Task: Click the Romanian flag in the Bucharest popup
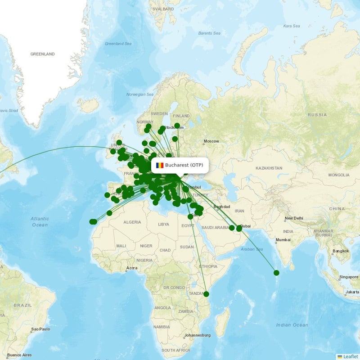[x=160, y=165]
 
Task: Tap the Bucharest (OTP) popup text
[x=184, y=165]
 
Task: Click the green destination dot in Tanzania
[x=207, y=294]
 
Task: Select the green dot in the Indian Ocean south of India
[x=276, y=273]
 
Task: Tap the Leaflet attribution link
[x=350, y=356]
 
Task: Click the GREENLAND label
[x=42, y=54]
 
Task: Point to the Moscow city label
[x=211, y=141]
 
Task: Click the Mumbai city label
[x=283, y=240]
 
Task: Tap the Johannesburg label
[x=198, y=335]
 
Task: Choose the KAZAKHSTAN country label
[x=269, y=168]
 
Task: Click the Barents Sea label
[x=209, y=33]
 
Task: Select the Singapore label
[x=349, y=277]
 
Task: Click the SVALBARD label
[x=163, y=9]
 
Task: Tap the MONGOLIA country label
[x=339, y=175]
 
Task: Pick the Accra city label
[x=132, y=268]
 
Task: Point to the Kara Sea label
[x=292, y=26]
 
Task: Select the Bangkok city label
[x=341, y=251]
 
